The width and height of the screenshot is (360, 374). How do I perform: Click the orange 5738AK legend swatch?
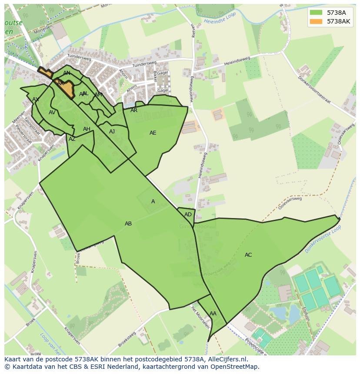click(x=316, y=21)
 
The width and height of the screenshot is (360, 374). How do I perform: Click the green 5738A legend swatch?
click(x=316, y=12)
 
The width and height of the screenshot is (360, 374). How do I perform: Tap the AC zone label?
click(x=248, y=255)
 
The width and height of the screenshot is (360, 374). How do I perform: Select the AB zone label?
click(x=128, y=224)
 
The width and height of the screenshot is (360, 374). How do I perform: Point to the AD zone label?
click(x=188, y=215)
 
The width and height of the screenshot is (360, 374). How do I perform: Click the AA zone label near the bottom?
click(x=213, y=314)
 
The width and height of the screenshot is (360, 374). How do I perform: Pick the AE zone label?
click(x=153, y=133)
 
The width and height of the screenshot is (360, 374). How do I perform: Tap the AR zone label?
click(x=134, y=110)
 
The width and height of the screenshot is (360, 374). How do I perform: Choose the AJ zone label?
click(x=112, y=132)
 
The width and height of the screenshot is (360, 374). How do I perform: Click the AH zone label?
click(x=87, y=129)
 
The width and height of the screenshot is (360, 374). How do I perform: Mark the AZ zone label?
click(x=72, y=139)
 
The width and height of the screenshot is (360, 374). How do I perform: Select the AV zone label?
click(x=52, y=113)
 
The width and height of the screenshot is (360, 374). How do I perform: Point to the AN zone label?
click(x=67, y=73)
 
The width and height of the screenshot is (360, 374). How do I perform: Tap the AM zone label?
click(x=98, y=95)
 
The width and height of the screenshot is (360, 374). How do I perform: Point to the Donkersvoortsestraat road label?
click(x=314, y=90)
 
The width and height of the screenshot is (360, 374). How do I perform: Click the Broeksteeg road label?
click(x=127, y=339)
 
